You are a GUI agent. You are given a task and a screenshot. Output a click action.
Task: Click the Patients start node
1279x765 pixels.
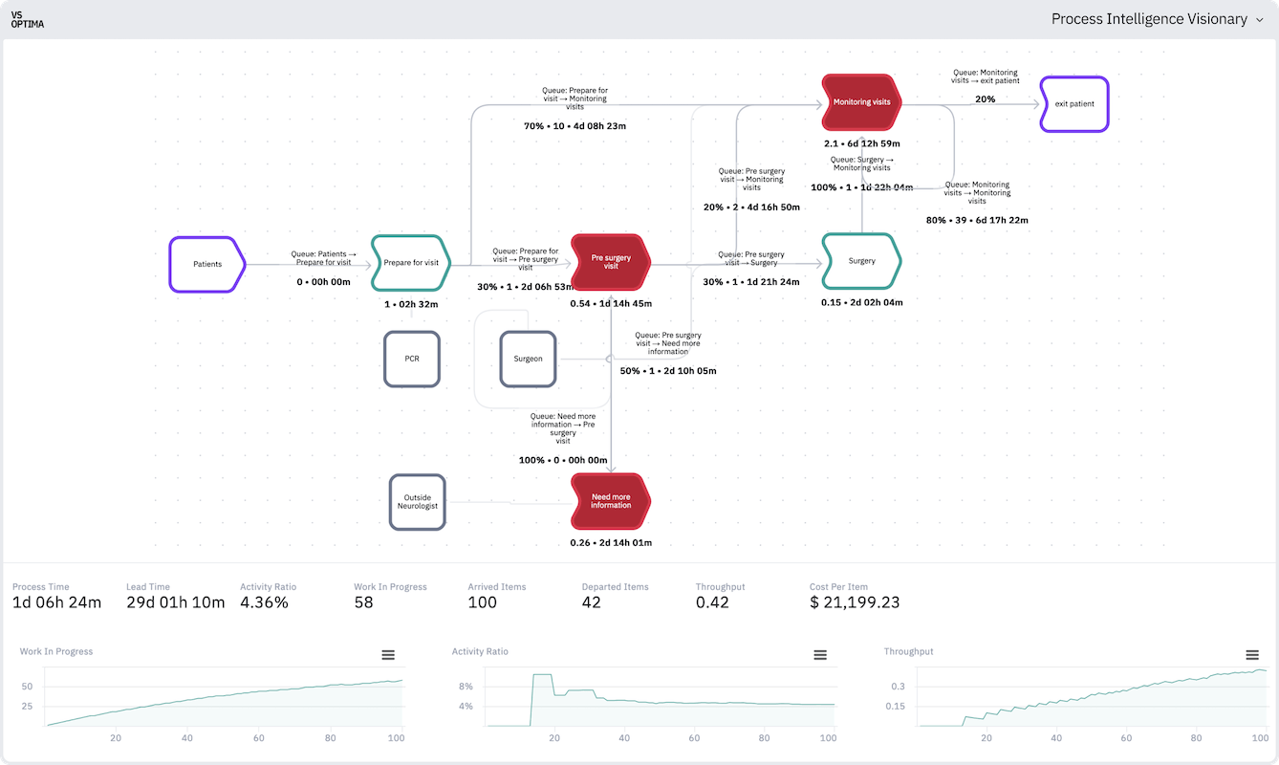coord(206,264)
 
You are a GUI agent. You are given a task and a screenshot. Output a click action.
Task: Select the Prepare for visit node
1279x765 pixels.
coord(410,263)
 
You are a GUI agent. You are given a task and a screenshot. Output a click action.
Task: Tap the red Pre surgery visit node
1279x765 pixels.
coord(611,261)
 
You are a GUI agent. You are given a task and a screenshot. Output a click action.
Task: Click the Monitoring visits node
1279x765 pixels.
coord(861,101)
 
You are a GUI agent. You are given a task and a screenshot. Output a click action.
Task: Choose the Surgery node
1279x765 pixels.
coord(861,261)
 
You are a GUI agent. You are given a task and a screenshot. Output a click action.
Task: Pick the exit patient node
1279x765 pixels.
coord(1074,104)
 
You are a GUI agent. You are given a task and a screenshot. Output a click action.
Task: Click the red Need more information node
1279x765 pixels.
coord(611,500)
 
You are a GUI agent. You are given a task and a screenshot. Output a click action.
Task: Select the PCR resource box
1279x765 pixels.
coord(412,359)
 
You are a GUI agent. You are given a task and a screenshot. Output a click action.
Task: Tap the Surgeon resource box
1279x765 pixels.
coord(528,359)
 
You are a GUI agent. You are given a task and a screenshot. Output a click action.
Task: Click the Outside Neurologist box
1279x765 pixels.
coord(418,501)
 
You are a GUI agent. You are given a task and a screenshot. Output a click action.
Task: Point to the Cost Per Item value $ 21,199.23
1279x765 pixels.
coord(855,602)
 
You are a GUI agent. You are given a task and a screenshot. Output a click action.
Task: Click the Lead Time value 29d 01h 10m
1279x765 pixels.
coord(175,602)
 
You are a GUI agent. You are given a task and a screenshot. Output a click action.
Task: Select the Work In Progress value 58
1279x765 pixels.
coord(363,602)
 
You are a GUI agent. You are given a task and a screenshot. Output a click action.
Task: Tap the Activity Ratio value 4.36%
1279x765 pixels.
coord(264,602)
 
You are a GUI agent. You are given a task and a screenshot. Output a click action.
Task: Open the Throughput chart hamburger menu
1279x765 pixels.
coord(1252,655)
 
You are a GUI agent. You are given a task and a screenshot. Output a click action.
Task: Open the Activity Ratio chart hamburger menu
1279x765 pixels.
coord(820,655)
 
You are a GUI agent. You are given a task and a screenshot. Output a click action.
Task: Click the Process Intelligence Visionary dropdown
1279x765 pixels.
coord(1157,19)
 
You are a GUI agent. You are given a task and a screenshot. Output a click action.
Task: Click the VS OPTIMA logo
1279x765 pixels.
coord(28,19)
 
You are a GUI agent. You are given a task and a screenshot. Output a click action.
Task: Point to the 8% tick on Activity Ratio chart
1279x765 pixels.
coord(466,687)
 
